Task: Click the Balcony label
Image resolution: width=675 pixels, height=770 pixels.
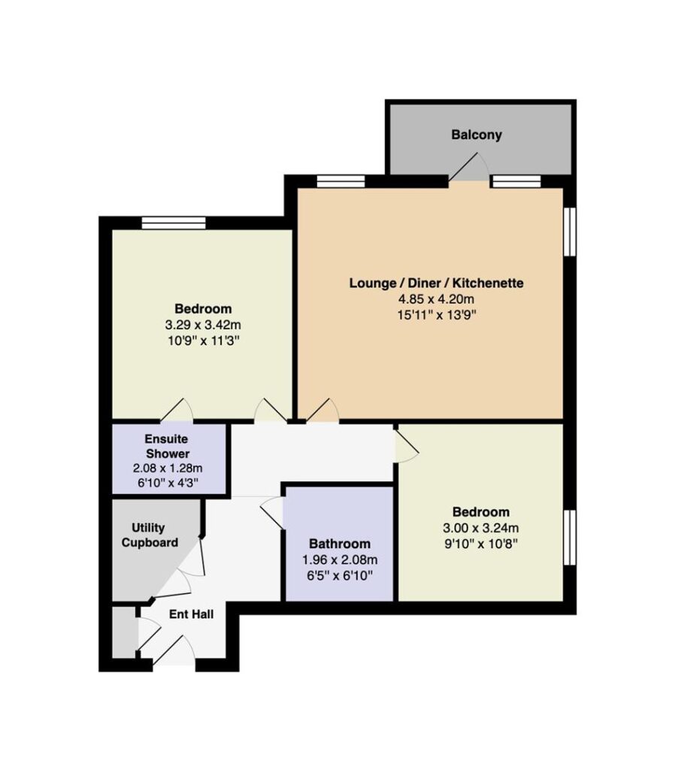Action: (x=476, y=135)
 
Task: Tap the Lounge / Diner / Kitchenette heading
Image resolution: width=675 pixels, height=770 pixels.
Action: (x=436, y=283)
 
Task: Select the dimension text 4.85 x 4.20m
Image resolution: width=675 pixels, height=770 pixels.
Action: (x=436, y=299)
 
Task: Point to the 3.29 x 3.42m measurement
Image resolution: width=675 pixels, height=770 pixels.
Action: (x=203, y=325)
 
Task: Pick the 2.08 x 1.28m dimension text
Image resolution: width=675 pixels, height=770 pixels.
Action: (x=168, y=468)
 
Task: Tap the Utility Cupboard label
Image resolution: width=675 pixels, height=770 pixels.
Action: (x=150, y=535)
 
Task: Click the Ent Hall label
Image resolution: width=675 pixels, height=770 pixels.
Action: (x=191, y=614)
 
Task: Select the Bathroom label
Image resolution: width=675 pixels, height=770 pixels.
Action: (x=339, y=544)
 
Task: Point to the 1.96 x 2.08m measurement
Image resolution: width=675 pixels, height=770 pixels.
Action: (x=339, y=559)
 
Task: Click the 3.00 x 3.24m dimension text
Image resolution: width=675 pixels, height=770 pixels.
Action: (x=480, y=528)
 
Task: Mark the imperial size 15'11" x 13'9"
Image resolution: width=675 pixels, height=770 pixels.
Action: (x=437, y=314)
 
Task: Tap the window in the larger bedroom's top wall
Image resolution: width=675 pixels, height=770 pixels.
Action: (x=174, y=223)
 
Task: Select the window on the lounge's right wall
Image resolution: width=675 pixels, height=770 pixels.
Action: (x=570, y=232)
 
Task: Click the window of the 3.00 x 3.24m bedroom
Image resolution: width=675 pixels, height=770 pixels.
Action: (x=570, y=537)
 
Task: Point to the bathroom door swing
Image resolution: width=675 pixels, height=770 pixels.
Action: (x=271, y=514)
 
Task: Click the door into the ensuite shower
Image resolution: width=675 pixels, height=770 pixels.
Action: (x=177, y=410)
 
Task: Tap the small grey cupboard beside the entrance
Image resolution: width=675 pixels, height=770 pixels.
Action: (x=124, y=632)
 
